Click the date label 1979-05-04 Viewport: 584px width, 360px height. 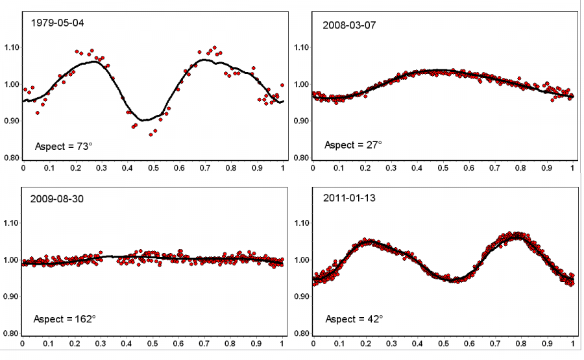point(58,23)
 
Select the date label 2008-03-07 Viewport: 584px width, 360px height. point(349,25)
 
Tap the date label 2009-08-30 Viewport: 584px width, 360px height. point(57,199)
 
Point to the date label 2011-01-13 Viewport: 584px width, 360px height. point(349,199)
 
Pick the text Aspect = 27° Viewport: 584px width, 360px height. point(354,144)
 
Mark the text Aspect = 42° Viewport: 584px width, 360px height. point(354,319)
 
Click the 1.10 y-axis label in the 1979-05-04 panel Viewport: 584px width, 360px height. point(12,47)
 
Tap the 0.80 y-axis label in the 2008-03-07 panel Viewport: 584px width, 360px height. point(303,158)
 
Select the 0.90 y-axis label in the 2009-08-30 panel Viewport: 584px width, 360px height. point(12,297)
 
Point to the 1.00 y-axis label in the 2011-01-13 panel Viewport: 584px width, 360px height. point(303,260)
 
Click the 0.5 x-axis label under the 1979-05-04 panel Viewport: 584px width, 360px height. point(153,168)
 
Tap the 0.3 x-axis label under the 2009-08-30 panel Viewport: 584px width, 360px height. point(101,343)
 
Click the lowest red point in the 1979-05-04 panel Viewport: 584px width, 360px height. point(151,134)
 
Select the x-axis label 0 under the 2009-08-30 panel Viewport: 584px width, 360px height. point(23,343)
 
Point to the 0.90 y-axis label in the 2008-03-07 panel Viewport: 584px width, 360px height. point(303,121)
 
